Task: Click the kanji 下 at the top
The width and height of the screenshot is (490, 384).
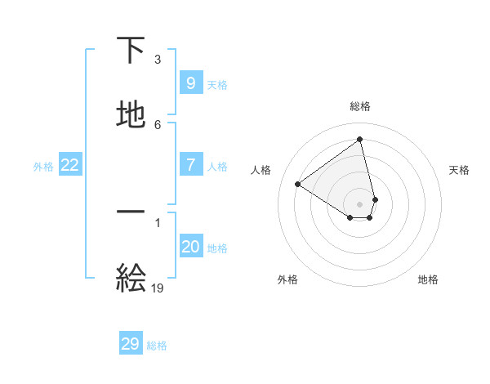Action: click(x=131, y=50)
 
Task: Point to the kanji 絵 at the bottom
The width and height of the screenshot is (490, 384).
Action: click(x=131, y=278)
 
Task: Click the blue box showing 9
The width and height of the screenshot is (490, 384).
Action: click(x=190, y=83)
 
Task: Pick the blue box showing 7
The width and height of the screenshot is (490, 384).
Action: click(x=190, y=164)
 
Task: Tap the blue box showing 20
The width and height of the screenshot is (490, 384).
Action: click(x=190, y=247)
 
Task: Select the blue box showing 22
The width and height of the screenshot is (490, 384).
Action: click(x=70, y=165)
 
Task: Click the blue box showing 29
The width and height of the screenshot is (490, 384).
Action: click(x=131, y=344)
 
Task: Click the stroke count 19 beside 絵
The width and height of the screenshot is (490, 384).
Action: click(x=158, y=288)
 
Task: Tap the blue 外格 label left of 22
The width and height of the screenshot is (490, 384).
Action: click(x=43, y=167)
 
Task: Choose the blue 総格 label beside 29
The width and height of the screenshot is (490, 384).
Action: click(x=157, y=346)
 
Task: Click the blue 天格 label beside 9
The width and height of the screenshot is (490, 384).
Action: click(x=217, y=85)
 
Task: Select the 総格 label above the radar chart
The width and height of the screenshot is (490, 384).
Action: click(x=360, y=106)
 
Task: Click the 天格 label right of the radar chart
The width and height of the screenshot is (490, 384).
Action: click(x=459, y=170)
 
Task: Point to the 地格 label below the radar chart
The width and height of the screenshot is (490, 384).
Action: click(x=428, y=279)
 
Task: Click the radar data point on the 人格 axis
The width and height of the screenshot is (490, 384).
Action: click(x=298, y=184)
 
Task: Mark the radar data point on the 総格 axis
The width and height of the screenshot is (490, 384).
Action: click(x=360, y=140)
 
